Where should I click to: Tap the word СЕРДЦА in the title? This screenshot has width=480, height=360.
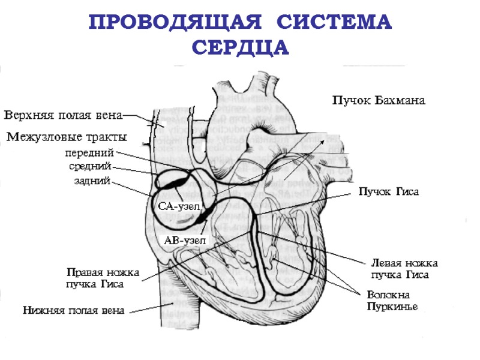click(240, 47)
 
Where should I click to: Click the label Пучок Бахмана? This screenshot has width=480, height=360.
click(379, 100)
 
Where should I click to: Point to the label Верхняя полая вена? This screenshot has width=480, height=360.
click(63, 115)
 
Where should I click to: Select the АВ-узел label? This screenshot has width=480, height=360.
click(185, 240)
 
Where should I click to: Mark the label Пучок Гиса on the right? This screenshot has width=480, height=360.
click(388, 192)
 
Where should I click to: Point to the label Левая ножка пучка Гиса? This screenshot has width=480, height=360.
click(404, 269)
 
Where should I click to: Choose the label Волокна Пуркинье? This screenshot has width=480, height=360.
click(392, 301)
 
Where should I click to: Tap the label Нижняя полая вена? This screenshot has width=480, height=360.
click(74, 311)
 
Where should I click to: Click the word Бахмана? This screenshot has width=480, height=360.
click(400, 100)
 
